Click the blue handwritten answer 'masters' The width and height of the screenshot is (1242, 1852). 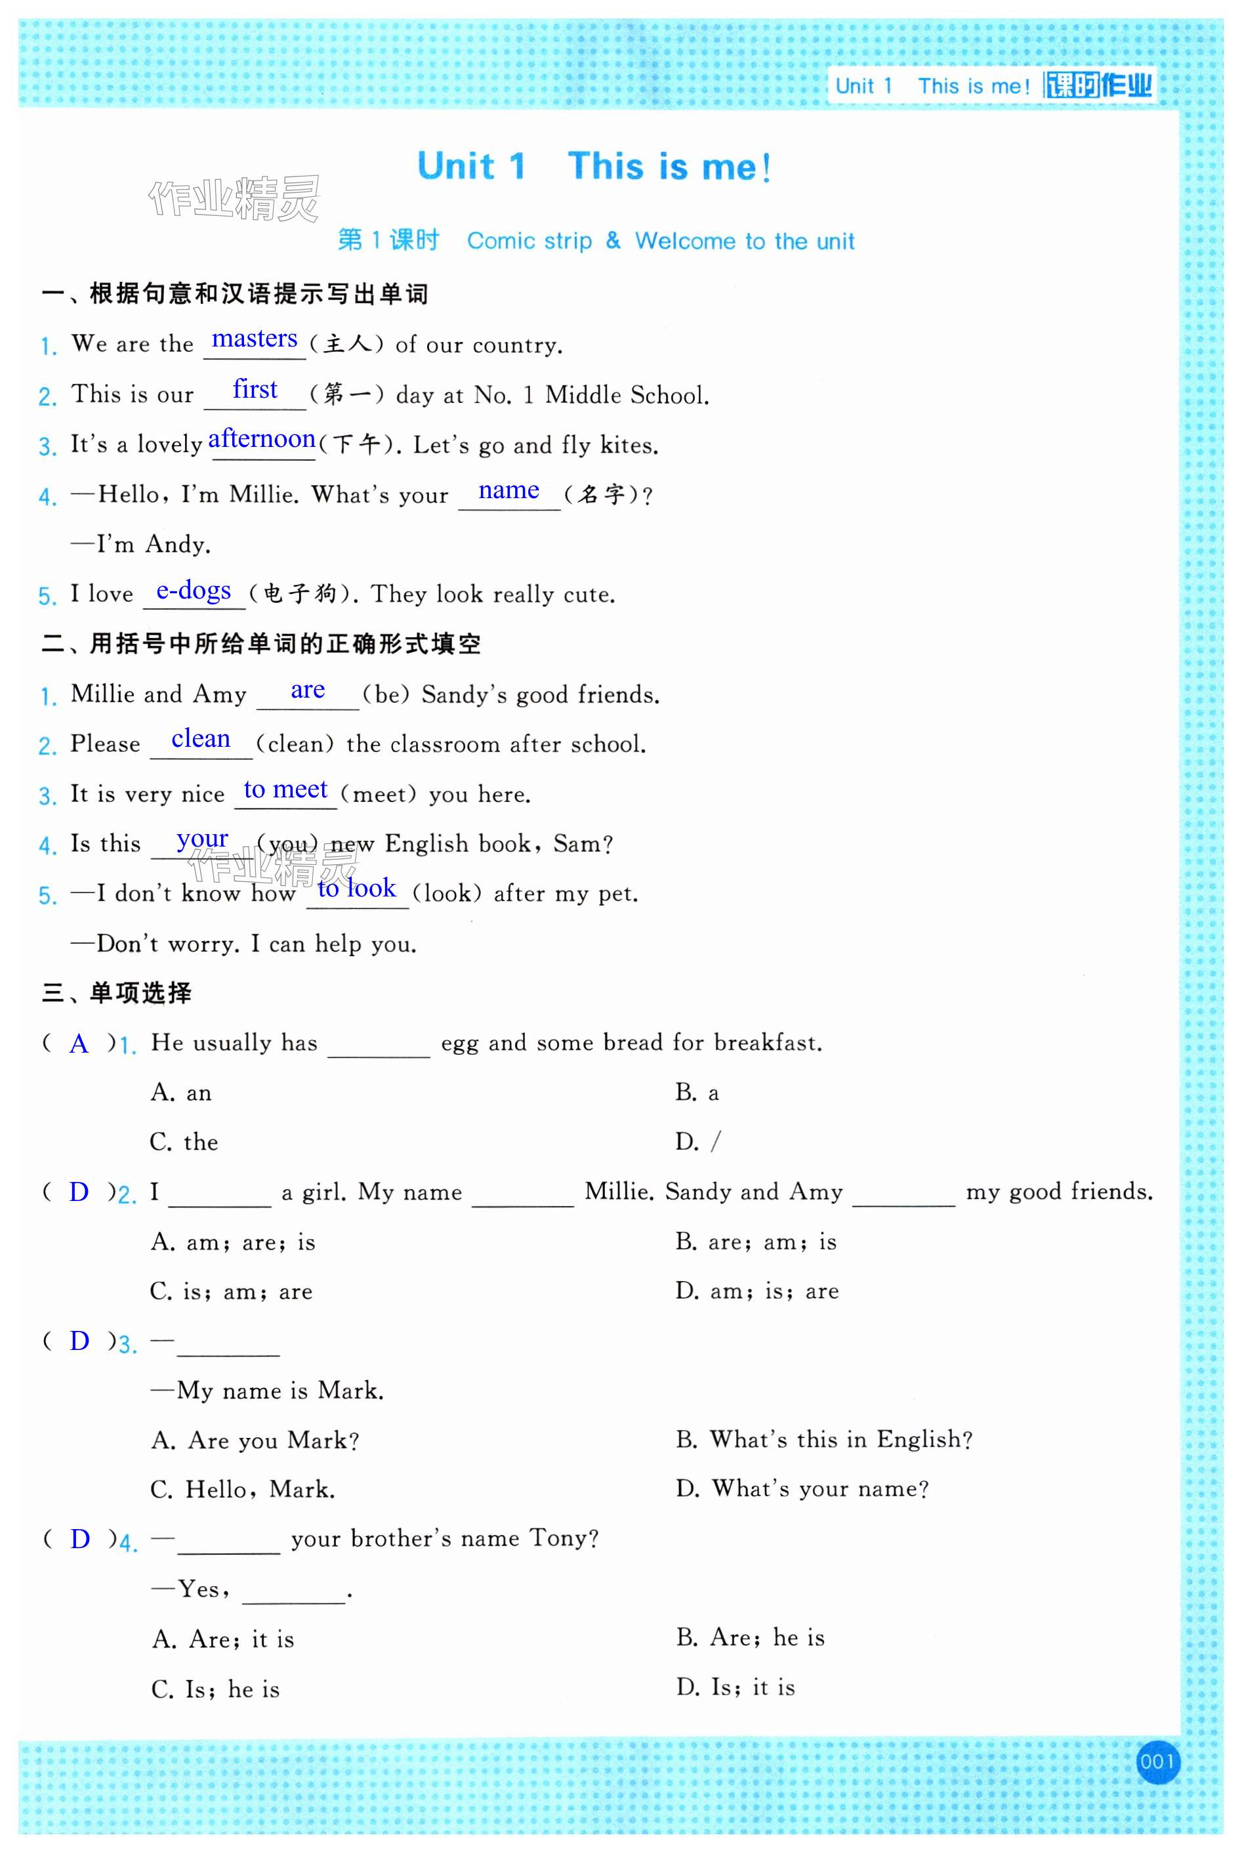pos(255,339)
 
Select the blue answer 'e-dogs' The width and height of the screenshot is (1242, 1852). pos(194,590)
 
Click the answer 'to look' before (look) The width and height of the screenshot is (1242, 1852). pos(356,888)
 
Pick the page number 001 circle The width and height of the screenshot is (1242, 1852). pos(1157,1761)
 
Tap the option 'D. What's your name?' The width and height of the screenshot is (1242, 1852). pos(802,1488)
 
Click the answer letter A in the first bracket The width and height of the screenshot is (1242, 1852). pos(79,1043)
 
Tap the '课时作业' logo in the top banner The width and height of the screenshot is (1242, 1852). pos(1098,85)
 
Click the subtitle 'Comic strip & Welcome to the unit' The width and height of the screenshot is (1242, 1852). pos(661,241)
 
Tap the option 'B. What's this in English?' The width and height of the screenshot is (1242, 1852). pos(824,1439)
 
